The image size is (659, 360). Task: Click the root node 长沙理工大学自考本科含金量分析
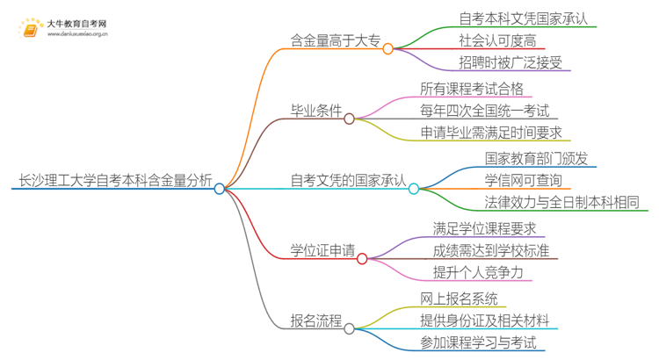[x=115, y=182]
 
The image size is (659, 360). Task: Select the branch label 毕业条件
[x=316, y=111]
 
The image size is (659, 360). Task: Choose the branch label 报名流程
[x=316, y=321]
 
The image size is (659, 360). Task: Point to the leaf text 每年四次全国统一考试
[x=485, y=111]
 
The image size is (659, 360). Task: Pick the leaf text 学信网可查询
[x=523, y=181]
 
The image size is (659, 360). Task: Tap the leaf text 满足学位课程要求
[x=484, y=229]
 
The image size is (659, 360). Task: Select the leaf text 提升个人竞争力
[x=478, y=273]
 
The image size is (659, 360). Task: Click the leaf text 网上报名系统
[x=459, y=299]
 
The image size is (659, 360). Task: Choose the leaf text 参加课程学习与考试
[x=478, y=342]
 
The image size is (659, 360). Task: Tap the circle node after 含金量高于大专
[x=387, y=48]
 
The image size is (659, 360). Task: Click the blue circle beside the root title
[x=220, y=188]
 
